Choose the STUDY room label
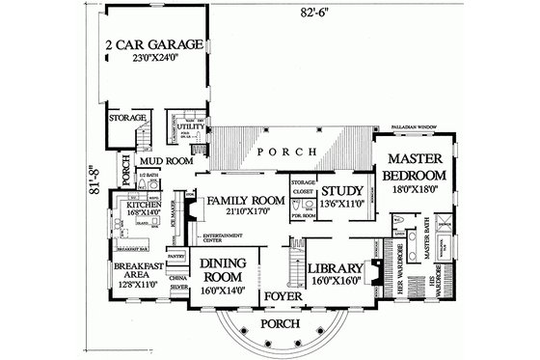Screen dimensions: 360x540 pos(340,190)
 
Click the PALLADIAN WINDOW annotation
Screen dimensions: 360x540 pos(417,125)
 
